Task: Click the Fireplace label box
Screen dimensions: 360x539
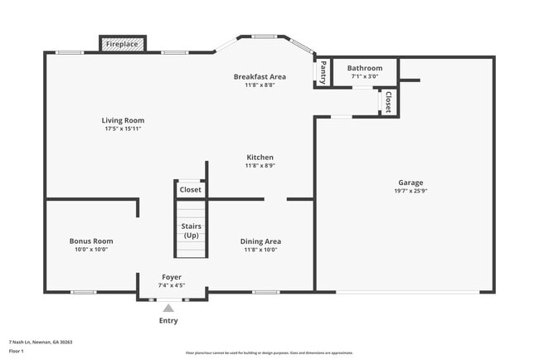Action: click(x=122, y=44)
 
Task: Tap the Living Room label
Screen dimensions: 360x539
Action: click(x=124, y=120)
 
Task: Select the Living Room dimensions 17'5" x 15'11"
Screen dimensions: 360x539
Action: click(x=124, y=129)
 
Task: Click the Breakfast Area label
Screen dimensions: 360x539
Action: click(x=260, y=76)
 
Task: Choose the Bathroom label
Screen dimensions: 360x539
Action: click(x=365, y=68)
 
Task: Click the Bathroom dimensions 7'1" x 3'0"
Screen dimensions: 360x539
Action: click(x=365, y=76)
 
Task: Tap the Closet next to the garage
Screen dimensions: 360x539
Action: click(x=387, y=101)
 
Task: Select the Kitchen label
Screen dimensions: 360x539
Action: click(x=260, y=157)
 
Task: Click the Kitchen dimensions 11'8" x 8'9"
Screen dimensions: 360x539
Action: click(x=260, y=166)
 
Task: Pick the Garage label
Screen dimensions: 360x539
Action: click(x=410, y=182)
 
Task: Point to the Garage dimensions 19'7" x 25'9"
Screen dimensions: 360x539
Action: click(x=410, y=192)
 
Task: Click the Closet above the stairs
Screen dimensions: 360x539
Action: click(x=190, y=190)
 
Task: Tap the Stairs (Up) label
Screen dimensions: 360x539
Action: click(x=191, y=231)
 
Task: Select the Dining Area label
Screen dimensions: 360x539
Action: click(x=260, y=241)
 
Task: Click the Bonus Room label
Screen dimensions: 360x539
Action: click(x=91, y=241)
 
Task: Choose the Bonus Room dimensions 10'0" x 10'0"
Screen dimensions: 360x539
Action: click(x=91, y=250)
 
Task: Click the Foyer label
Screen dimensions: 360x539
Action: click(x=171, y=277)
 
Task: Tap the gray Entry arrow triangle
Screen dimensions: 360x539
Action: click(x=168, y=308)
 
